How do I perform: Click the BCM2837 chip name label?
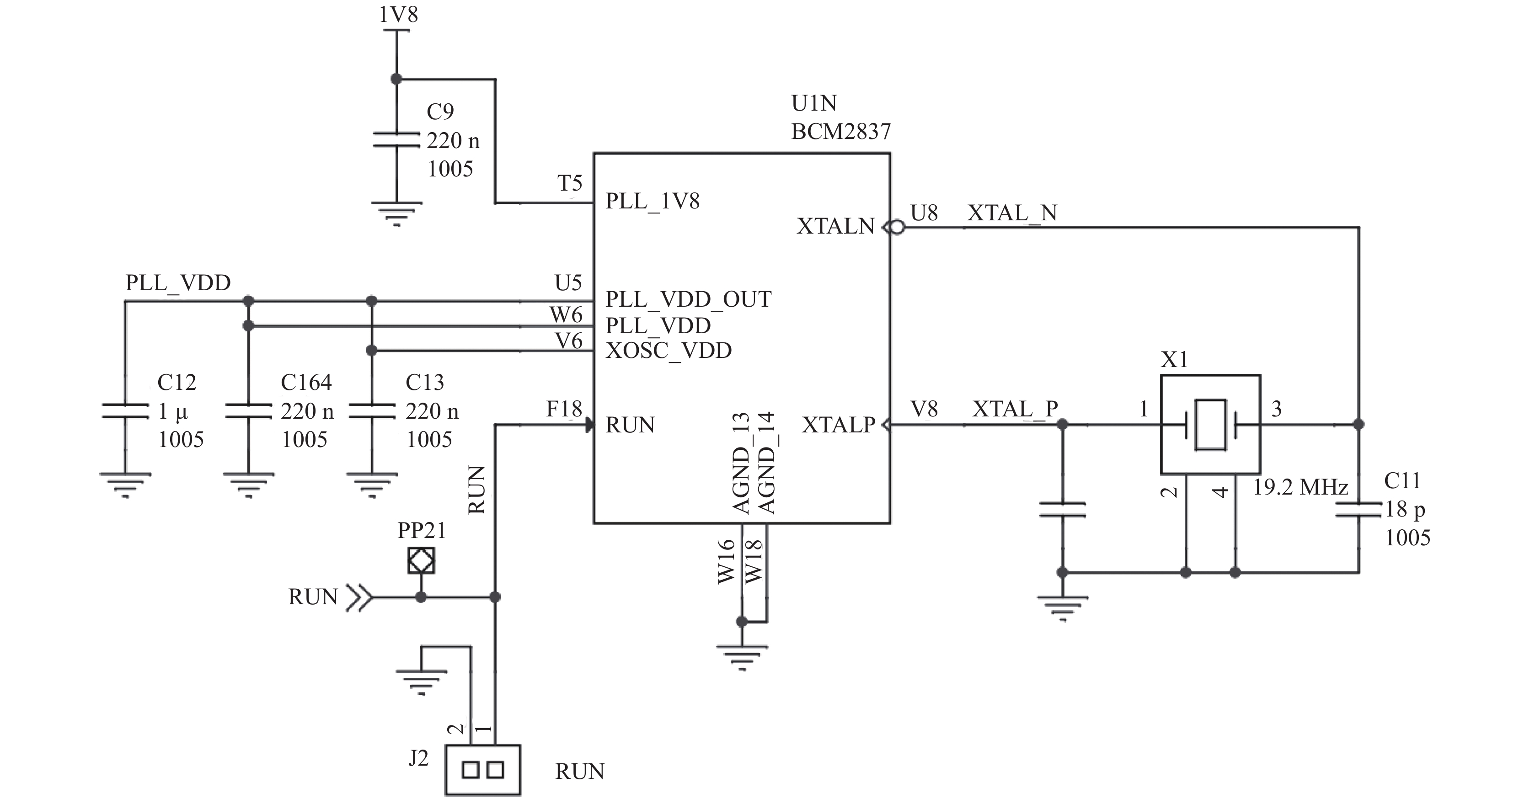coord(840,131)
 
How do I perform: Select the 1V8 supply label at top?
coord(398,14)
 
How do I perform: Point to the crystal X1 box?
coord(1210,424)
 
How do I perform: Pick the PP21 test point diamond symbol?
coord(421,560)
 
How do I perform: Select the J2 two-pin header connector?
coord(483,770)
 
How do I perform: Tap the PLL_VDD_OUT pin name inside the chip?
coord(688,299)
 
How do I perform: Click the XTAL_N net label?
coord(1012,213)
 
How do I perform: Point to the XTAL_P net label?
coord(1015,409)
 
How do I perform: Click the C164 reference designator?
coord(306,382)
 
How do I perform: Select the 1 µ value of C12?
coord(173,411)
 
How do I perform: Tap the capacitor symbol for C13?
coord(372,411)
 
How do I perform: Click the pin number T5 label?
coord(570,183)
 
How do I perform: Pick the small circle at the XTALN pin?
coord(897,227)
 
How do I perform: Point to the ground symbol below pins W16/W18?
coord(742,657)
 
